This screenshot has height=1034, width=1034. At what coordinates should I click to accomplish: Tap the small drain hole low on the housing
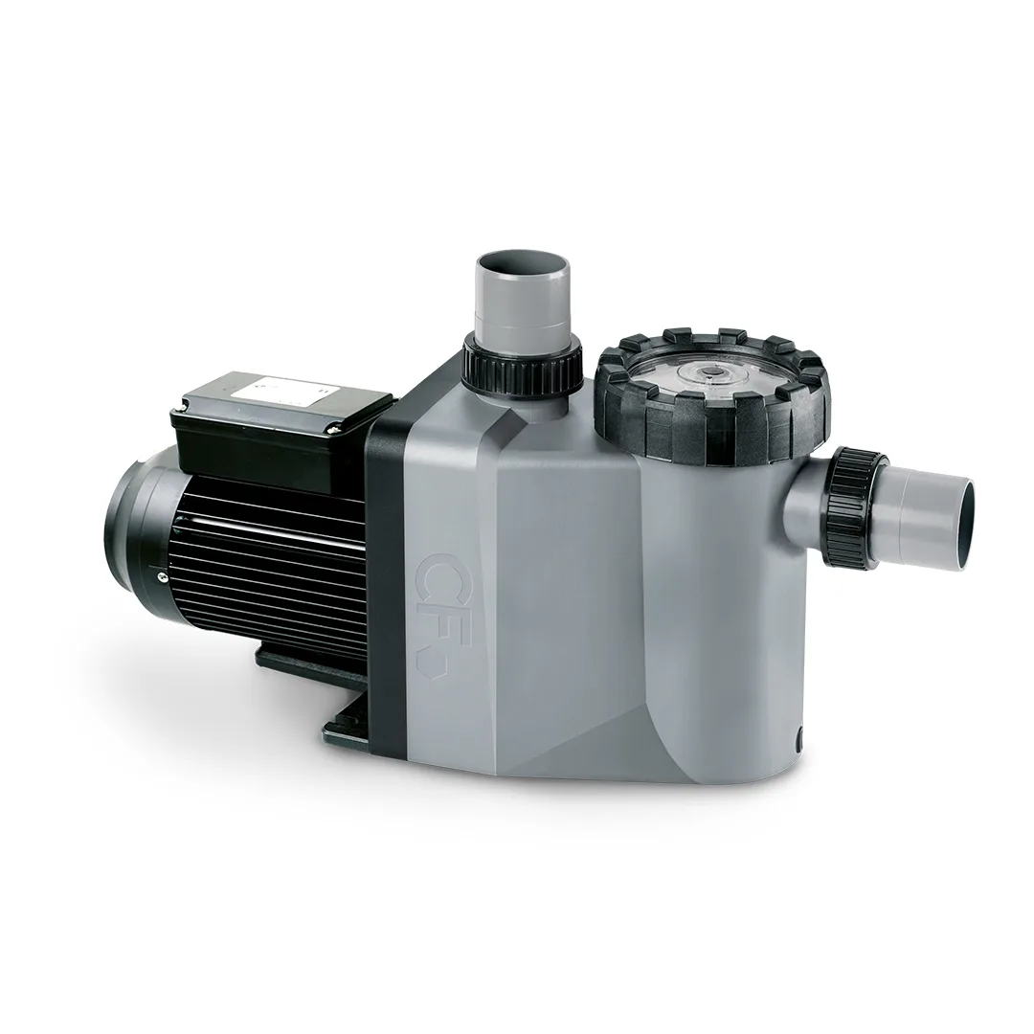point(799,738)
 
